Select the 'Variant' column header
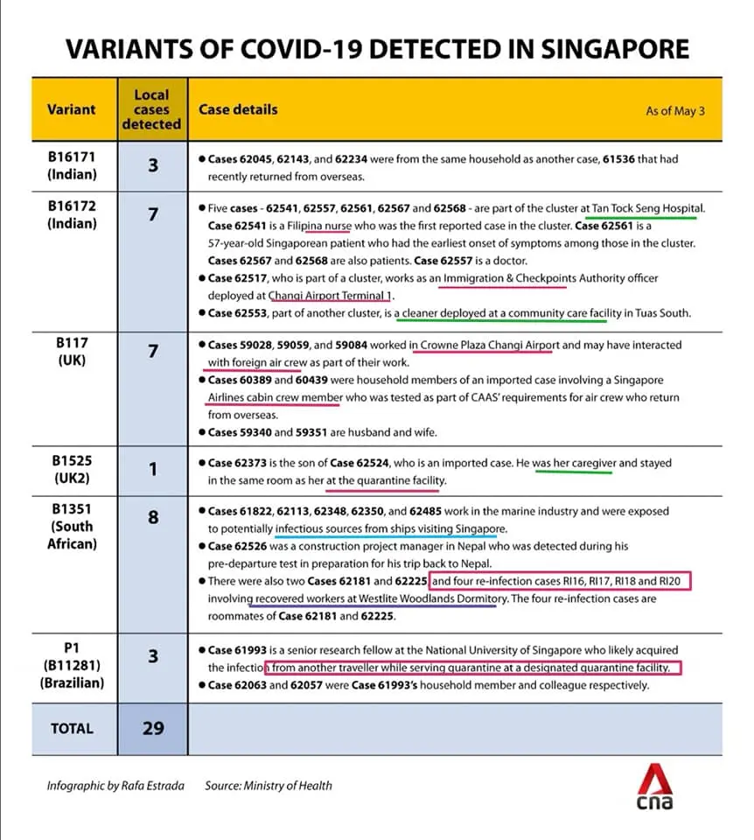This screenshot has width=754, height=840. (72, 109)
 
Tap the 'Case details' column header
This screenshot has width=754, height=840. (238, 109)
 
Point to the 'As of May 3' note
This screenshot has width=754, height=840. (674, 111)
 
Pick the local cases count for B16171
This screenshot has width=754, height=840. (152, 164)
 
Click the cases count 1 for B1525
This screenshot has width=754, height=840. (152, 470)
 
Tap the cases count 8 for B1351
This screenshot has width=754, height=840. (152, 517)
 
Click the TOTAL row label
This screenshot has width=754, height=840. (72, 728)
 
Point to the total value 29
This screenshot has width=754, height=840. (152, 728)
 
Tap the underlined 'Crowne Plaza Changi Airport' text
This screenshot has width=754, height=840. (483, 346)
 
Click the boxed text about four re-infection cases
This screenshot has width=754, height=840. (560, 582)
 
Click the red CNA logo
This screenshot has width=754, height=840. (653, 787)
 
